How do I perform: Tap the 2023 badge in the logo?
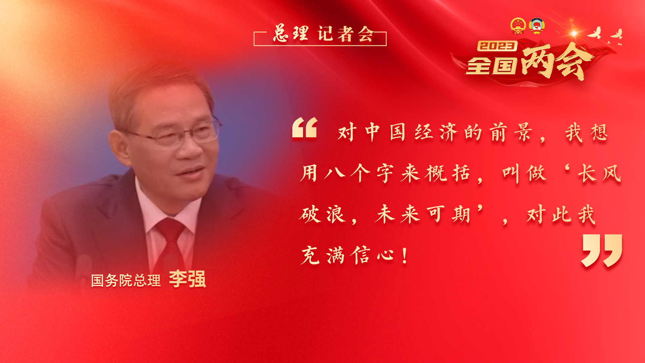(x=497, y=46)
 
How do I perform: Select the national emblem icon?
(x=518, y=26)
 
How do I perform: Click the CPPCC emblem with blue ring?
(x=536, y=26)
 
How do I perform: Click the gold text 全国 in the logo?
(x=491, y=65)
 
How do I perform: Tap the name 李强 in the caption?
(x=187, y=279)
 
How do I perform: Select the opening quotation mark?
(x=305, y=128)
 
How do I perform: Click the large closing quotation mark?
(x=602, y=250)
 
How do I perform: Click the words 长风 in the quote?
(x=600, y=173)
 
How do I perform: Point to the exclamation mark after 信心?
(x=405, y=256)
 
